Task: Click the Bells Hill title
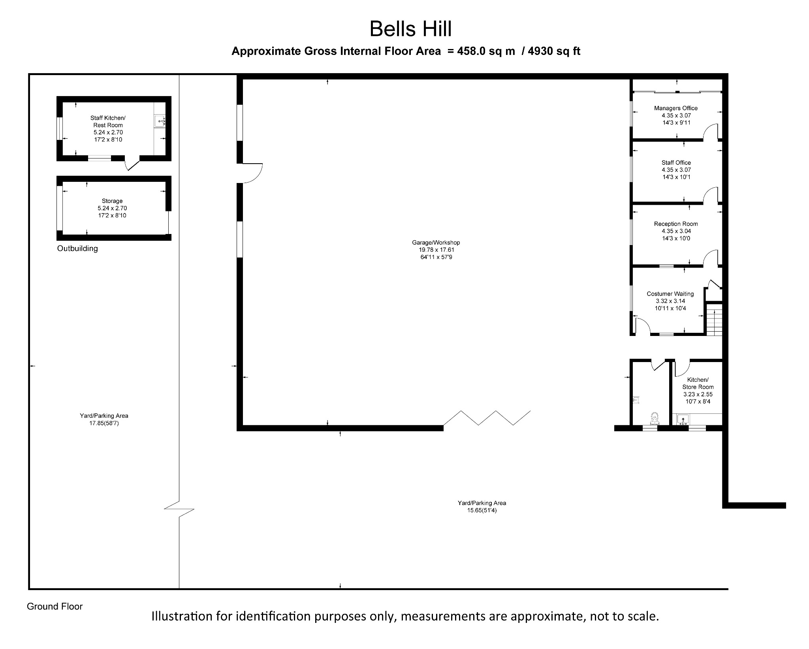pyautogui.click(x=410, y=29)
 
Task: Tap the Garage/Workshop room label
pyautogui.click(x=436, y=243)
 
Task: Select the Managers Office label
pyautogui.click(x=676, y=108)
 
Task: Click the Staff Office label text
pyautogui.click(x=676, y=162)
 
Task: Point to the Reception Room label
pyautogui.click(x=676, y=224)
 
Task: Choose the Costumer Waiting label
pyautogui.click(x=670, y=294)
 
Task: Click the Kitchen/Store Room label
pyautogui.click(x=698, y=383)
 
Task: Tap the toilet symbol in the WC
pyautogui.click(x=655, y=418)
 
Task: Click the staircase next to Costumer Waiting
pyautogui.click(x=714, y=319)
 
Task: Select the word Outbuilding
pyautogui.click(x=77, y=249)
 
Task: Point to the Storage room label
pyautogui.click(x=112, y=201)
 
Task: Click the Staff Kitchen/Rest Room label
pyautogui.click(x=108, y=121)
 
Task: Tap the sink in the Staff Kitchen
pyautogui.click(x=160, y=121)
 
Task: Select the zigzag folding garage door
pyautogui.click(x=487, y=418)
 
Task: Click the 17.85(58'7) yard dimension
pyautogui.click(x=104, y=423)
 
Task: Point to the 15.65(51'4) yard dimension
pyautogui.click(x=482, y=511)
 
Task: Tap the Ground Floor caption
pyautogui.click(x=55, y=607)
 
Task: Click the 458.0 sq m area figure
pyautogui.click(x=486, y=51)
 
